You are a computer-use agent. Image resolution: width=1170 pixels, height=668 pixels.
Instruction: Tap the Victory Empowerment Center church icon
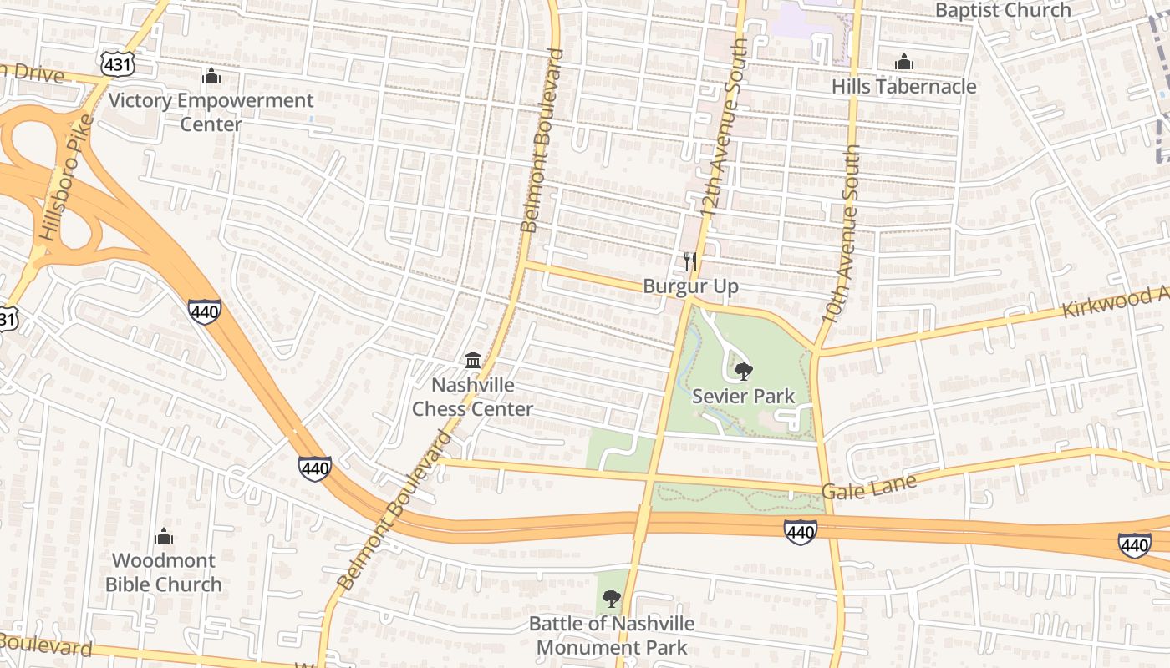[x=211, y=77]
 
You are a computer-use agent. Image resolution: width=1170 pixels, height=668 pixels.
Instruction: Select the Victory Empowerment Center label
[x=211, y=112]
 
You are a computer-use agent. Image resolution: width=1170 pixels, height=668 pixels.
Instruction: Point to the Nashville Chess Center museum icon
[x=473, y=360]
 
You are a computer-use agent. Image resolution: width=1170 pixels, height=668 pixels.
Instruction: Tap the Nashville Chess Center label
[x=473, y=397]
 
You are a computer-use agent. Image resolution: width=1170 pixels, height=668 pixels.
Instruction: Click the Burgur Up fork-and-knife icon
[x=690, y=261]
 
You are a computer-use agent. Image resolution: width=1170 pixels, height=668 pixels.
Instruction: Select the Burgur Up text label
[x=690, y=286]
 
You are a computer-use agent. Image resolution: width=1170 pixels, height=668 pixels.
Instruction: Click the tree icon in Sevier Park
[x=742, y=372]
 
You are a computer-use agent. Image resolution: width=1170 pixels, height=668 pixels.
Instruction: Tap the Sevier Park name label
[x=744, y=396]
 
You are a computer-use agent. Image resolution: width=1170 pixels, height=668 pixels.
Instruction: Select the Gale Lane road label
[x=868, y=486]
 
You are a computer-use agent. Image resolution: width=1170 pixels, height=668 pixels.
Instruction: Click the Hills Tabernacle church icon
[x=903, y=63]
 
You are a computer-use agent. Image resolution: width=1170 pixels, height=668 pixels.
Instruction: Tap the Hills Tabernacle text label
[x=903, y=87]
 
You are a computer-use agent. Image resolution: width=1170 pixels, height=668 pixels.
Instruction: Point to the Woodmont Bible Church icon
[x=164, y=536]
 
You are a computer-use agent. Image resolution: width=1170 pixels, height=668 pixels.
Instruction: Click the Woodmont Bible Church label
[x=164, y=572]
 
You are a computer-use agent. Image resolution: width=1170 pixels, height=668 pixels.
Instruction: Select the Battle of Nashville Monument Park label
[x=612, y=635]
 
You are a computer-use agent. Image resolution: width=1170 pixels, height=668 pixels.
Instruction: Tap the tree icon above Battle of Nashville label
[x=612, y=598]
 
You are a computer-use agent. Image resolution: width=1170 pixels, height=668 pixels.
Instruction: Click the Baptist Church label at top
[x=1003, y=10]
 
